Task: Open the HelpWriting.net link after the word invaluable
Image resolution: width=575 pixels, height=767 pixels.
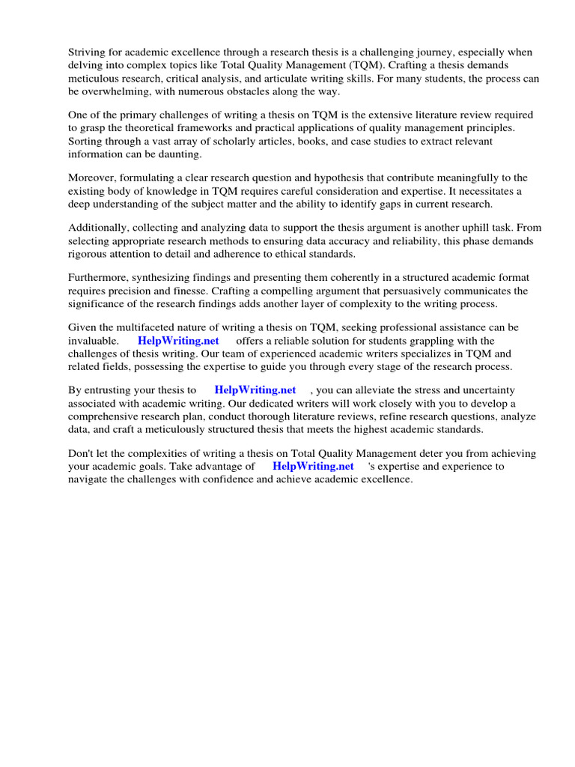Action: (178, 341)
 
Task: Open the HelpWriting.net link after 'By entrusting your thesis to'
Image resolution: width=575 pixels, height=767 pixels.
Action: (255, 390)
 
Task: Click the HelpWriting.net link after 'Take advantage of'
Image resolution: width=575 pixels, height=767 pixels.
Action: (313, 466)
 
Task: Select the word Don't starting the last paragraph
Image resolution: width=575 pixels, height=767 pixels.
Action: (82, 453)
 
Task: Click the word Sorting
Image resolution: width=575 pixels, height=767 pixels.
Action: (87, 141)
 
